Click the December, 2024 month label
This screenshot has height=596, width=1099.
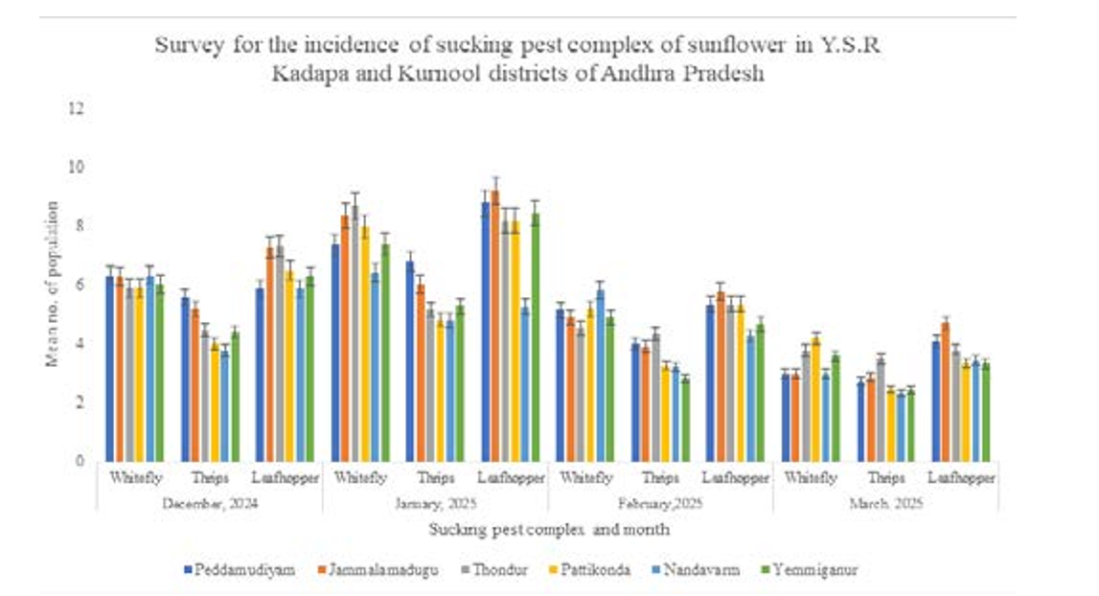[x=209, y=502]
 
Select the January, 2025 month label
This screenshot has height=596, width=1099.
[x=435, y=502]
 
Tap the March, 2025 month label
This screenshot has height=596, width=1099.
[x=885, y=502]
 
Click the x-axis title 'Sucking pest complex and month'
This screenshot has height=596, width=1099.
[x=549, y=528]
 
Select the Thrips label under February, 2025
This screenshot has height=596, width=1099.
[x=660, y=477]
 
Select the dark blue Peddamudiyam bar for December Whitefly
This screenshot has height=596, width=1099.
[x=110, y=369]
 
